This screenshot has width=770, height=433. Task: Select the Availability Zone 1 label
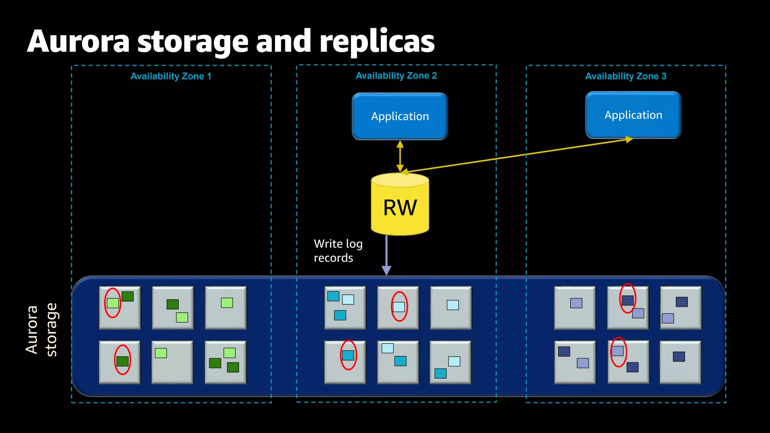(171, 76)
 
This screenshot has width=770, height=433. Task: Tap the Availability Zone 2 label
(396, 76)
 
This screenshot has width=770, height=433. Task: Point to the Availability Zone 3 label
(626, 76)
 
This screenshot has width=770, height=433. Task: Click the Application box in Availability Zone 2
(400, 117)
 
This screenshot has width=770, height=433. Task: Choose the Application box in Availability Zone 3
(633, 115)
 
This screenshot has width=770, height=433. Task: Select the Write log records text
(338, 251)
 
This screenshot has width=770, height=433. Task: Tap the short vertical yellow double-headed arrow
(400, 156)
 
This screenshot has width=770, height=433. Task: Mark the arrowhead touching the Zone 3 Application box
(629, 140)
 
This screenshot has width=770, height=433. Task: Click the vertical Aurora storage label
(41, 330)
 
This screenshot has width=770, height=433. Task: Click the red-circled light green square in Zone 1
(113, 303)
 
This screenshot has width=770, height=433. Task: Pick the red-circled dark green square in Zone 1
(123, 361)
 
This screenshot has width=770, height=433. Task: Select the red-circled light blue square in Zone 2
(399, 307)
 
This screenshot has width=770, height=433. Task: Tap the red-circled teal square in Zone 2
(348, 355)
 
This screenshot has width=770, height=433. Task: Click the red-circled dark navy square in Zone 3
(628, 300)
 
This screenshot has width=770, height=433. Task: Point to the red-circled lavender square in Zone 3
(617, 351)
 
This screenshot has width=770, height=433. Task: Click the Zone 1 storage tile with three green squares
(225, 362)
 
